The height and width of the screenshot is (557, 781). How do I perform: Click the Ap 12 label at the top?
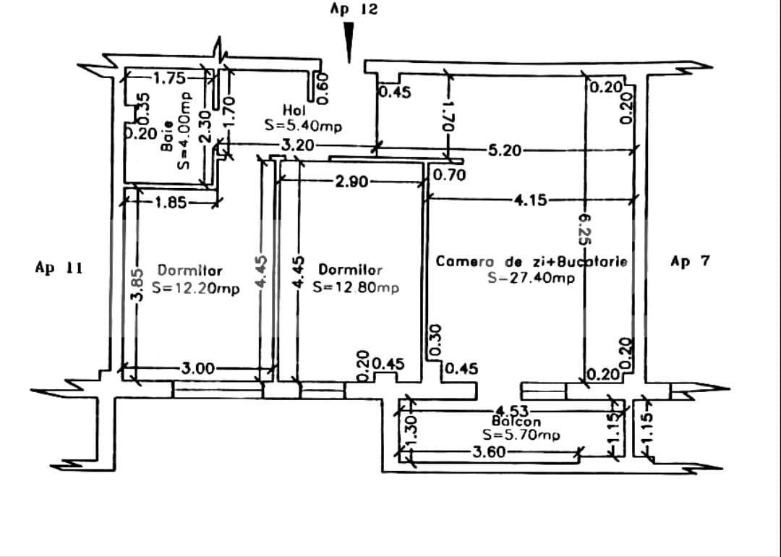(x=354, y=9)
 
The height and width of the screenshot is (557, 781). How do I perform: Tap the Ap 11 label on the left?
(x=59, y=268)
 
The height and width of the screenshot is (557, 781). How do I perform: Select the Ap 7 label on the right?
(x=690, y=261)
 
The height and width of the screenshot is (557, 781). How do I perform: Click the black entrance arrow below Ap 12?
(x=349, y=43)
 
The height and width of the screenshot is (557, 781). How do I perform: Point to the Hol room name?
(x=294, y=110)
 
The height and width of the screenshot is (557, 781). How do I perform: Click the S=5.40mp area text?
(x=304, y=125)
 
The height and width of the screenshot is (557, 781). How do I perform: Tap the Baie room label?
(x=168, y=136)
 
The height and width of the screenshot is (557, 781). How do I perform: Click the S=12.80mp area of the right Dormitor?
(x=356, y=287)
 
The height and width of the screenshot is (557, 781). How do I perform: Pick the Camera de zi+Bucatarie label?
(x=532, y=261)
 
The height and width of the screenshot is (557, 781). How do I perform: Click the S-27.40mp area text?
(x=532, y=277)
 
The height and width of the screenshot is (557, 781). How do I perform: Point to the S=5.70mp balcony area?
(x=521, y=435)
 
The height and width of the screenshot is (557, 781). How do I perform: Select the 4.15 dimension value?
(x=532, y=200)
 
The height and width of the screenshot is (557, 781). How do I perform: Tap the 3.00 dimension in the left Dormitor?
(x=197, y=369)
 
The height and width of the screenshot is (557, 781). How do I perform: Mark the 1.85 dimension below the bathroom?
(x=170, y=203)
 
